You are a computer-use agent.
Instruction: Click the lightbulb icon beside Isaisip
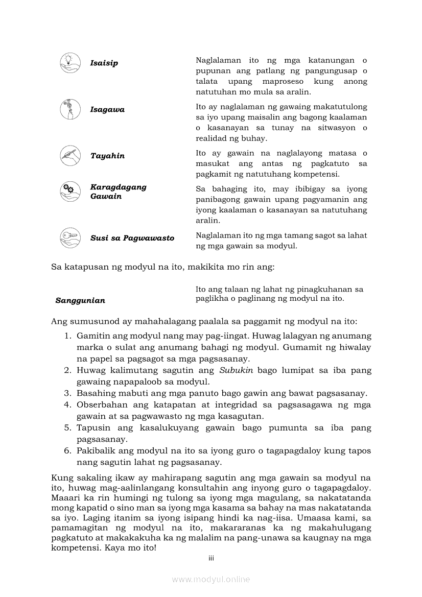pyautogui.click(x=68, y=62)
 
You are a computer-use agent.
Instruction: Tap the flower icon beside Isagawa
pyautogui.click(x=68, y=109)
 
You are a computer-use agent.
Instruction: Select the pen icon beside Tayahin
pyautogui.click(x=68, y=155)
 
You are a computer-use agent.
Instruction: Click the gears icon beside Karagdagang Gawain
pyautogui.click(x=68, y=191)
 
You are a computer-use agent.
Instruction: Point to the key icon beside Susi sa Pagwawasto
pyautogui.click(x=68, y=237)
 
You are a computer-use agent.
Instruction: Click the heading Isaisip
pyautogui.click(x=104, y=63)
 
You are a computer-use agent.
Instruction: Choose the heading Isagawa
pyautogui.click(x=107, y=110)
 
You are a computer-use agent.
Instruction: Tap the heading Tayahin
pyautogui.click(x=107, y=156)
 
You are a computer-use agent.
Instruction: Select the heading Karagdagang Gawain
pyautogui.click(x=118, y=192)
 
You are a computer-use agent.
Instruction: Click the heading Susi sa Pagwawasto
pyautogui.click(x=132, y=238)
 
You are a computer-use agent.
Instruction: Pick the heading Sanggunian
pyautogui.click(x=80, y=301)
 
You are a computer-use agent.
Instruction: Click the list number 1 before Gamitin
pyautogui.click(x=67, y=336)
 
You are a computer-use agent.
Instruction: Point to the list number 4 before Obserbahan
pyautogui.click(x=67, y=405)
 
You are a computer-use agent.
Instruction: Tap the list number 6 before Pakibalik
pyautogui.click(x=67, y=451)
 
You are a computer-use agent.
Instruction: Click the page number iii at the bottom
pyautogui.click(x=211, y=558)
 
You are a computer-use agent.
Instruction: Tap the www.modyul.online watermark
pyautogui.click(x=211, y=579)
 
